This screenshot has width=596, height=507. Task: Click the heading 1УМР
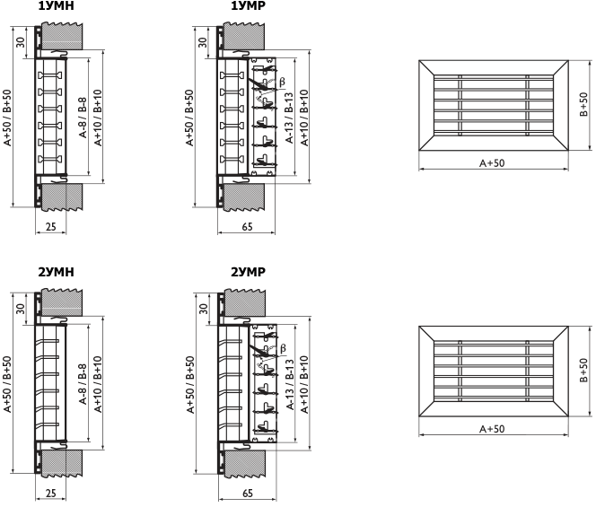248,6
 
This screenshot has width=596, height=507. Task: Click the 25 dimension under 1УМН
50,226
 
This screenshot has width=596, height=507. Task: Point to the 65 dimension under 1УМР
246,226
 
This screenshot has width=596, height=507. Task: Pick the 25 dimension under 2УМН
50,493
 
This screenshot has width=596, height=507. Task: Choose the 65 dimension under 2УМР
246,493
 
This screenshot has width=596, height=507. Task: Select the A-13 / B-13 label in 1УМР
290,113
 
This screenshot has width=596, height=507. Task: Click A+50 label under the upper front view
492,163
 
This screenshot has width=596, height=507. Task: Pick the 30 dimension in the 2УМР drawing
203,309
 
